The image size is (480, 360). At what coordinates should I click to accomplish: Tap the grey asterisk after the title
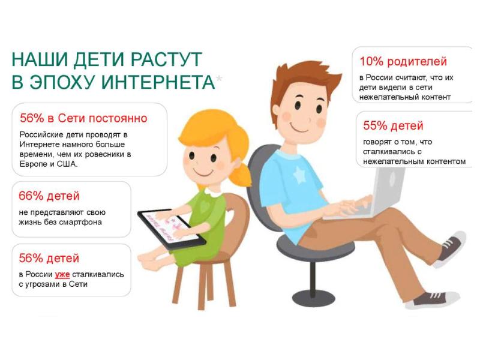tap(219, 79)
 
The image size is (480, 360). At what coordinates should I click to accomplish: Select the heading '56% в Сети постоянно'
tap(83, 118)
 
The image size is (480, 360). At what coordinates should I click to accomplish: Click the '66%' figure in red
tap(31, 196)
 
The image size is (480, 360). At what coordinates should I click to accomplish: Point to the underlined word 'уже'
tap(62, 275)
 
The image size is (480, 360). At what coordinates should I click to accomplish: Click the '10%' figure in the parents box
tap(371, 62)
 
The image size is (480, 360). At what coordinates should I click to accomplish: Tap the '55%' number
tap(376, 126)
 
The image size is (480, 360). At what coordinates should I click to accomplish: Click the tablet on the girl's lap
tap(172, 228)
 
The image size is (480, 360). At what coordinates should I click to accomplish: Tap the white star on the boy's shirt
tap(299, 175)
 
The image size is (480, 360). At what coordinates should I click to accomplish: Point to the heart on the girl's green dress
tap(204, 206)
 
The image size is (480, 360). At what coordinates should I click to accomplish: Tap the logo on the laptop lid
tap(392, 179)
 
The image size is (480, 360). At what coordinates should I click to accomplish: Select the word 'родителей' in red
tap(417, 62)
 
